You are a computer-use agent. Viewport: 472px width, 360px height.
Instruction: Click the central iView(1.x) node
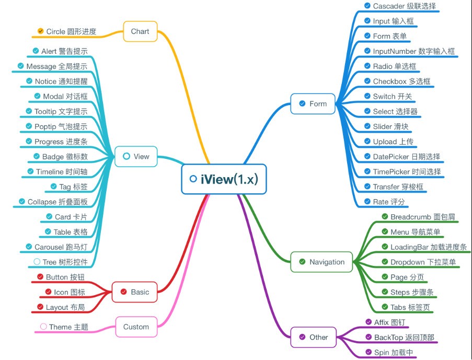click(224, 179)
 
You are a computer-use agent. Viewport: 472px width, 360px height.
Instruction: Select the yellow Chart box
click(140, 31)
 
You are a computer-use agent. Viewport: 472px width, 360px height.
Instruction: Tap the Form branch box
click(313, 103)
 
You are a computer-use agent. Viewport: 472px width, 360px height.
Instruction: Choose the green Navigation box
click(321, 262)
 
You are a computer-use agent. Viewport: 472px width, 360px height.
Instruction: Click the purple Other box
click(313, 337)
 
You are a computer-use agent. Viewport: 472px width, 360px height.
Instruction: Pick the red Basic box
click(134, 292)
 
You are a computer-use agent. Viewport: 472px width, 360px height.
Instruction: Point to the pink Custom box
click(136, 327)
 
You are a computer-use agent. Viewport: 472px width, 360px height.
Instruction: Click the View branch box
click(136, 156)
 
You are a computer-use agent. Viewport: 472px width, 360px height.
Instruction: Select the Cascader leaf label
click(404, 6)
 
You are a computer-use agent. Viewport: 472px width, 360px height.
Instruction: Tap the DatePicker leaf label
click(406, 157)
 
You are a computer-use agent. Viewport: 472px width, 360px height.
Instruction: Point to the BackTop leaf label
click(404, 338)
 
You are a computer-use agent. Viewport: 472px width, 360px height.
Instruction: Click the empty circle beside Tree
click(37, 262)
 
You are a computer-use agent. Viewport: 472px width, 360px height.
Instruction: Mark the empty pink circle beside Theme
click(43, 327)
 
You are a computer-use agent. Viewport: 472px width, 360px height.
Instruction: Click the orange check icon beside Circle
click(41, 31)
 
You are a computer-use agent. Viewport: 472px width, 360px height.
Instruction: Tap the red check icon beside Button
click(40, 277)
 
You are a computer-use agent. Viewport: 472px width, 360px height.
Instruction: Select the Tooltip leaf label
click(61, 111)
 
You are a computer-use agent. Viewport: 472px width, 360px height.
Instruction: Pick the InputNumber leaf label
click(413, 51)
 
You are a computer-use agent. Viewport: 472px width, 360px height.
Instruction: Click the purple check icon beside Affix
click(368, 322)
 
